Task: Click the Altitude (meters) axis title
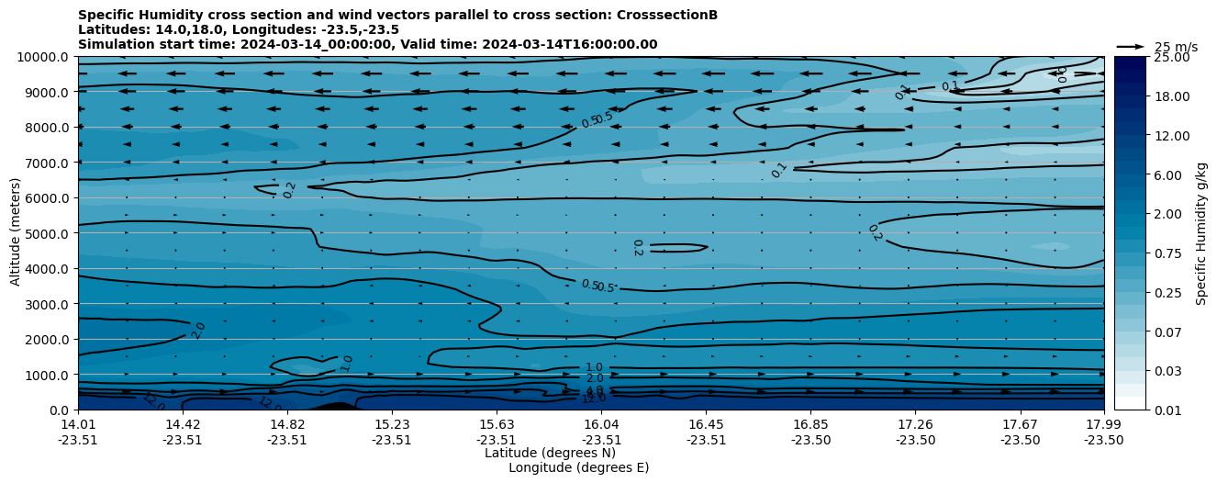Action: pos(16,233)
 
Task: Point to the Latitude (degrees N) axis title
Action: pos(550,453)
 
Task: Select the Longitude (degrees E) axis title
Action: pos(578,467)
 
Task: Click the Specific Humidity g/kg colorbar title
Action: pos(1201,233)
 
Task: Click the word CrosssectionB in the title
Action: pos(670,15)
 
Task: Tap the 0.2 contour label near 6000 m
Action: pos(289,190)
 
